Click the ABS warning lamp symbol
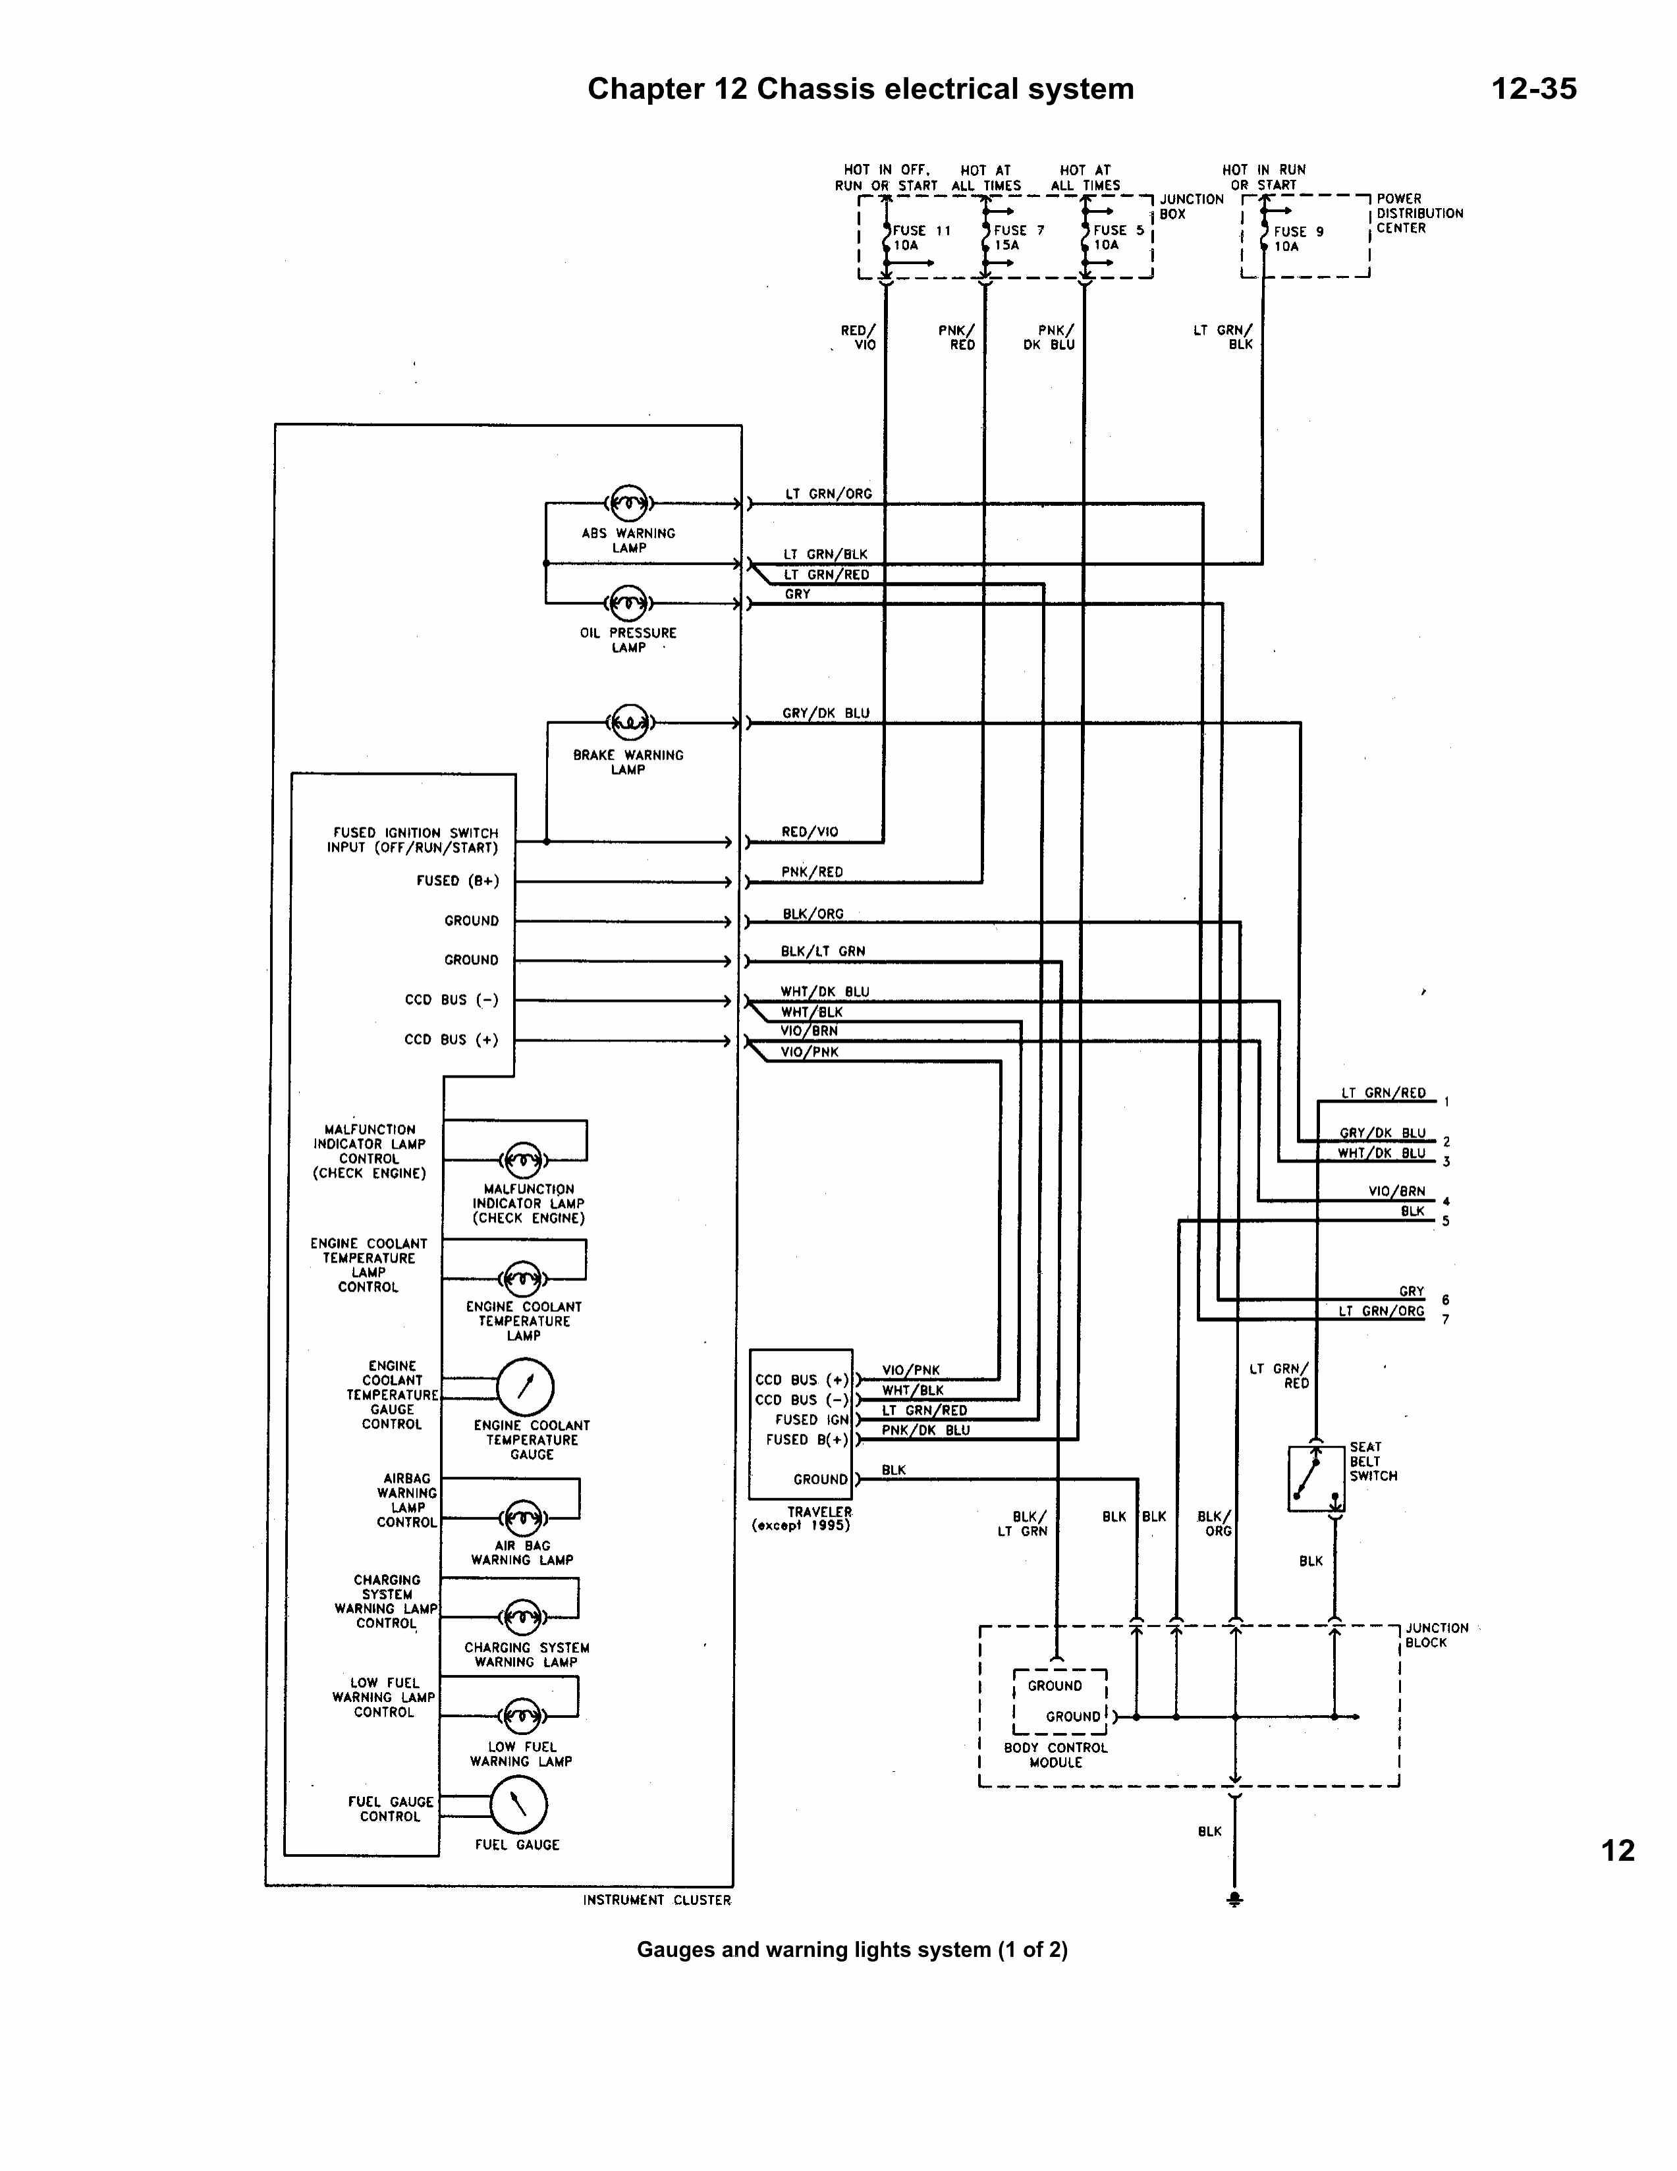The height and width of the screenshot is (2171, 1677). click(x=628, y=504)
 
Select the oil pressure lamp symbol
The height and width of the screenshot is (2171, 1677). click(x=628, y=603)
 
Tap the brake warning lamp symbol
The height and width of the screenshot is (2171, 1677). click(x=629, y=723)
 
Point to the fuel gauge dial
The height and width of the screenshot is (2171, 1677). click(x=518, y=1804)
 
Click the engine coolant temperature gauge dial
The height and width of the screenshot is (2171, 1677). click(x=525, y=1387)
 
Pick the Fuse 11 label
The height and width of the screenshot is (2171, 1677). click(x=921, y=231)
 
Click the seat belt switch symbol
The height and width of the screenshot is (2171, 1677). click(x=1315, y=1478)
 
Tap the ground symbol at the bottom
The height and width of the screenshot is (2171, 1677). click(x=1234, y=1900)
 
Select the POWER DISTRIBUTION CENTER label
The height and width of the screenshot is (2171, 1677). click(x=1419, y=213)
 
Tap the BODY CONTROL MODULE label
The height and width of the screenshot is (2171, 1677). click(x=1056, y=1755)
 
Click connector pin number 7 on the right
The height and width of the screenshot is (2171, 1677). click(x=1445, y=1319)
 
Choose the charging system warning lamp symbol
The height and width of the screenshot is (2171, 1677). click(x=523, y=1617)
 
